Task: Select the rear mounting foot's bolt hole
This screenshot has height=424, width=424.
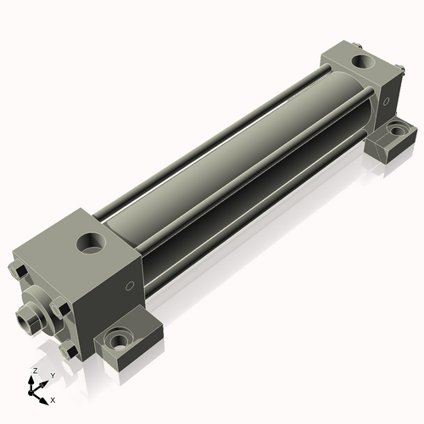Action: pyautogui.click(x=396, y=133)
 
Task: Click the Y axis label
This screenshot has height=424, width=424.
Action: pyautogui.click(x=53, y=375)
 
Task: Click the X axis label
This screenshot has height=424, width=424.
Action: pyautogui.click(x=53, y=399)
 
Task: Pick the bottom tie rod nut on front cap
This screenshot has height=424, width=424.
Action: pyautogui.click(x=70, y=349)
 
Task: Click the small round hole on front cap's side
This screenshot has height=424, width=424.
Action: pyautogui.click(x=131, y=286)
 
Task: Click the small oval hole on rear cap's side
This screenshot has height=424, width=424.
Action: pyautogui.click(x=387, y=101)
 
